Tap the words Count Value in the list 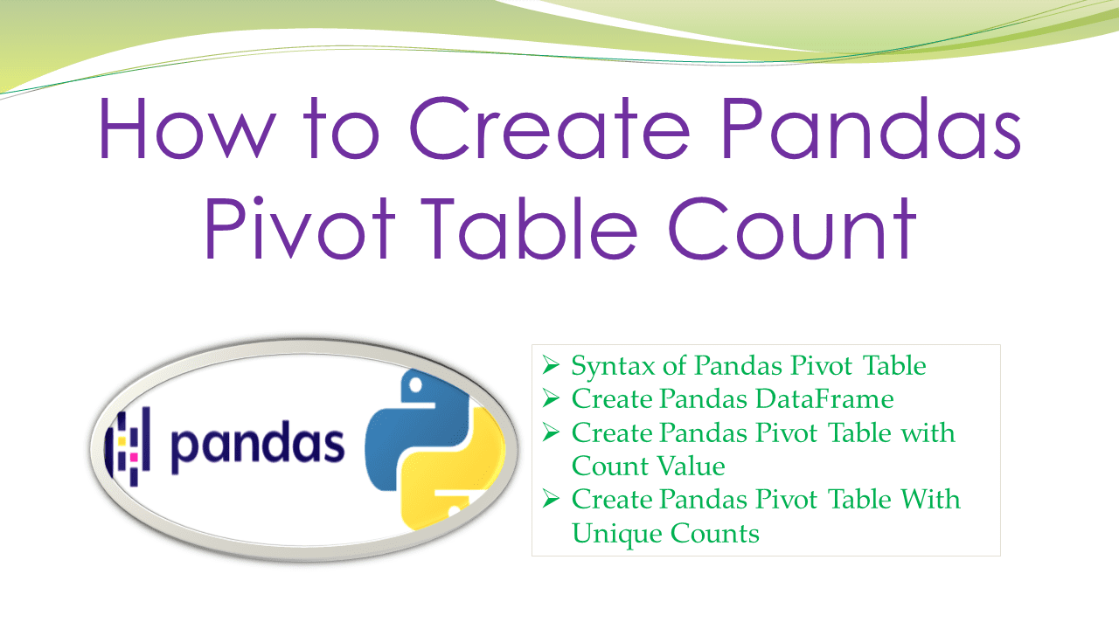coord(648,466)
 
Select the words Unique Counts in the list coord(665,532)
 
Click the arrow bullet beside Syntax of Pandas coord(550,364)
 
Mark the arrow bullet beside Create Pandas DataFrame coord(550,398)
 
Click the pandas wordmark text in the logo coord(257,444)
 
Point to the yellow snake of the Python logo coord(455,480)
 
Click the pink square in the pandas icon coord(133,456)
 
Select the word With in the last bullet coord(928,499)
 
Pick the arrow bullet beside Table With coord(550,498)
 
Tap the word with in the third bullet coord(928,432)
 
